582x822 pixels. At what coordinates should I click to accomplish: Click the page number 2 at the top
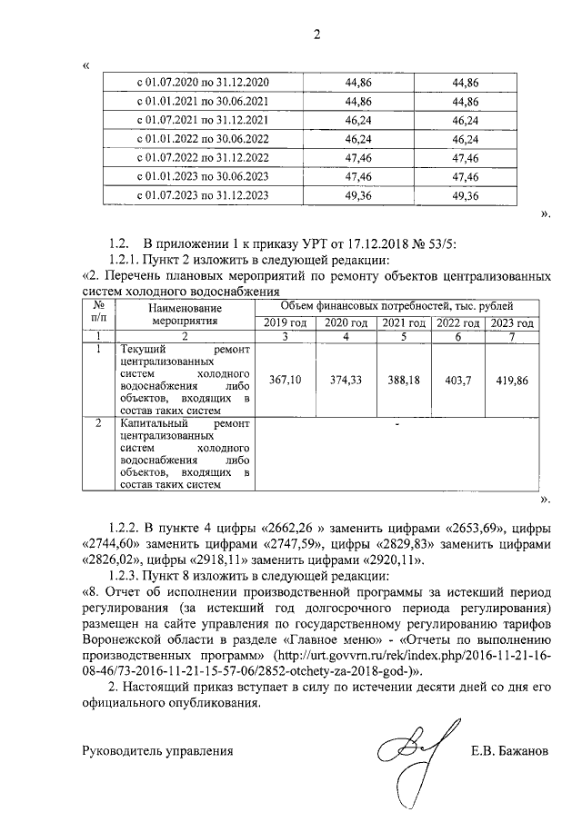[316, 36]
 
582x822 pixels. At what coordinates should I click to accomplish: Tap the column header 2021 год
[402, 323]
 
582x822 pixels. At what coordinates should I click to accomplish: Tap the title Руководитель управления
[157, 751]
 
